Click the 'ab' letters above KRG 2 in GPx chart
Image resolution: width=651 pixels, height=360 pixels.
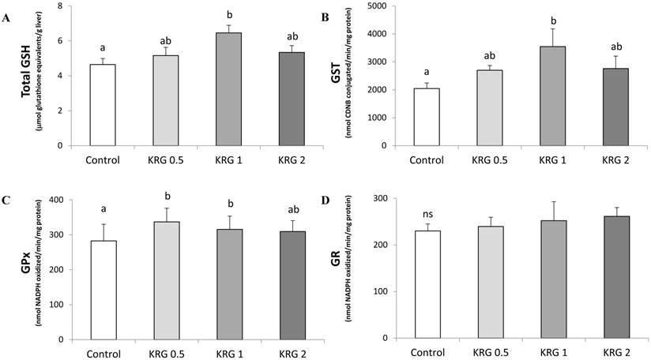click(291, 209)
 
